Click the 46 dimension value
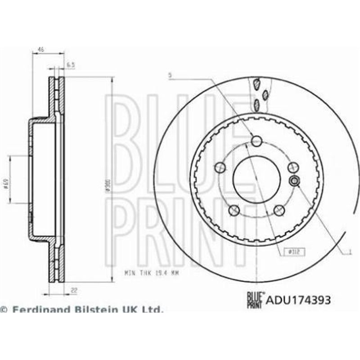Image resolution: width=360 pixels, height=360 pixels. (40, 50)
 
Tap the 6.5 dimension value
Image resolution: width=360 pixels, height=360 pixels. (70, 65)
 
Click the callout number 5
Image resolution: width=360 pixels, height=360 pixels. (170, 76)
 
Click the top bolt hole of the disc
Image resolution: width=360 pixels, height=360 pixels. (256, 141)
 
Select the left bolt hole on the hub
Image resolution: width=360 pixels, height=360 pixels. (220, 168)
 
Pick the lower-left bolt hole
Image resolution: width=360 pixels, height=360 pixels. (234, 210)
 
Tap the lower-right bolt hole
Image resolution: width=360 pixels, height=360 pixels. (279, 210)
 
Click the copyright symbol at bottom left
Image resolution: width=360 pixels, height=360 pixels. (4, 310)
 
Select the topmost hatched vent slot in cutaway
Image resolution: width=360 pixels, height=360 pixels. (257, 84)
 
